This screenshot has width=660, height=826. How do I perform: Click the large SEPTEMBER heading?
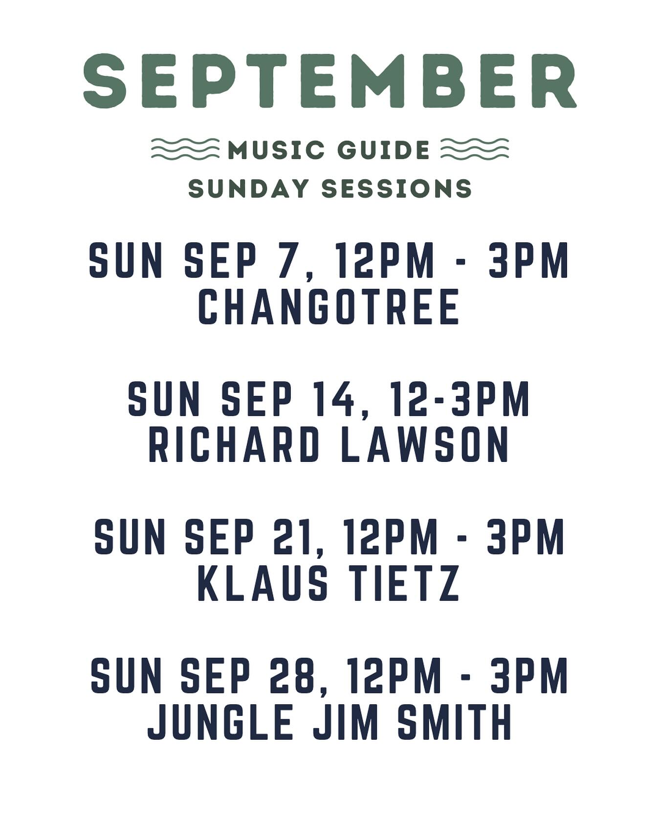coord(330,81)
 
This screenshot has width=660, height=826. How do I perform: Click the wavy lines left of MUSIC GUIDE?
coord(185,149)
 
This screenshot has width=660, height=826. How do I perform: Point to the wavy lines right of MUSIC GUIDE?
coord(474,149)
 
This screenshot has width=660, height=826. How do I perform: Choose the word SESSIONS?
coord(396,189)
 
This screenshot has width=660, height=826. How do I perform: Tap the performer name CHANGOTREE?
coord(329,306)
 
